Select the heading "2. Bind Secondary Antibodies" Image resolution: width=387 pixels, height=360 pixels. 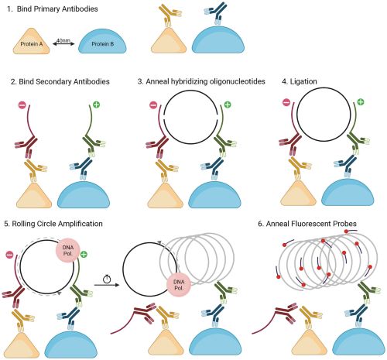click(x=63, y=81)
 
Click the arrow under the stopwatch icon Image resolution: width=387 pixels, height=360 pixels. click(x=107, y=286)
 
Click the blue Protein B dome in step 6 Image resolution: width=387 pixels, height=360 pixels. click(x=355, y=341)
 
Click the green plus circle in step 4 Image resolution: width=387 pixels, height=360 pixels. click(x=362, y=101)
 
